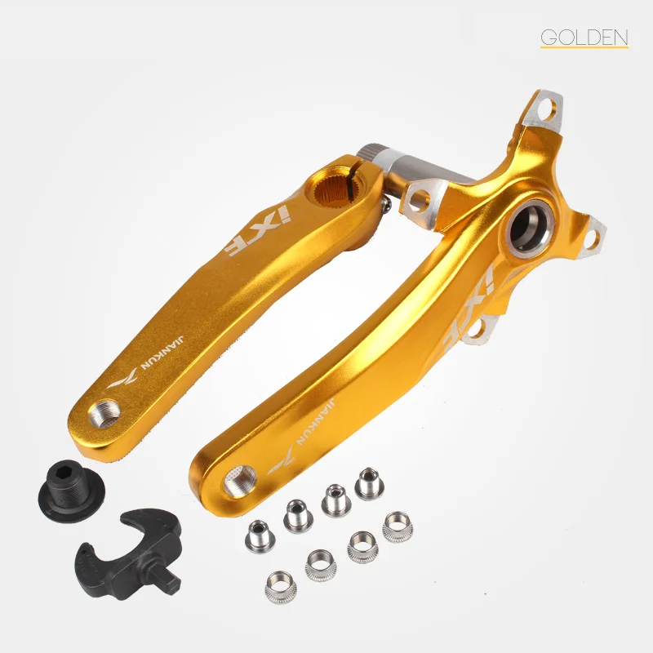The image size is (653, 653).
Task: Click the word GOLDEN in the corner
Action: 584,37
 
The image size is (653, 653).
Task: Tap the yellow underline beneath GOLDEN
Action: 584,47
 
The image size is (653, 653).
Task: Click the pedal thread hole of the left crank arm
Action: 104,413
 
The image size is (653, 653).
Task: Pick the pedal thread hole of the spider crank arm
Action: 240,481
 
